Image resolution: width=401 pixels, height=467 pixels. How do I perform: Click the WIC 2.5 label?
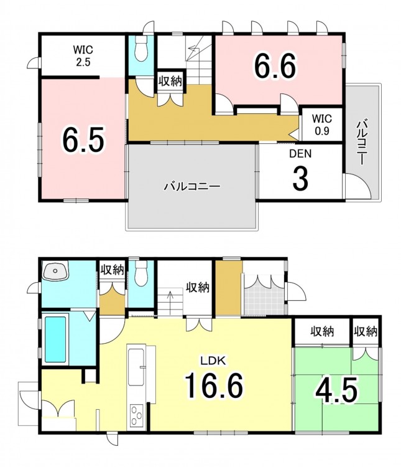pos(83,55)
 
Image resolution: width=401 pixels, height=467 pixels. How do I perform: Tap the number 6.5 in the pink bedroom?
pos(83,139)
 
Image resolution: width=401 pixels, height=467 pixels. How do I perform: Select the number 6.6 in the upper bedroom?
pos(275,66)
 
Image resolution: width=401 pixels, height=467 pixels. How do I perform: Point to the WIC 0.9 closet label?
pos(322,125)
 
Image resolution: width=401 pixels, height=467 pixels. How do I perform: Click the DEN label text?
pos(300,154)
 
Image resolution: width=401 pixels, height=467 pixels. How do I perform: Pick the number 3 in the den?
pos(300,178)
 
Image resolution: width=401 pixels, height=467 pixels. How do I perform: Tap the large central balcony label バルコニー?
pos(193,187)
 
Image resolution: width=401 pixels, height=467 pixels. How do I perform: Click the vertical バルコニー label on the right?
pos(362,143)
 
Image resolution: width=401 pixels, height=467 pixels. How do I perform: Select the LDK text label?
pos(213,361)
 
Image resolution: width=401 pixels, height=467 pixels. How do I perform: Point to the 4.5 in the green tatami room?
pos(336,389)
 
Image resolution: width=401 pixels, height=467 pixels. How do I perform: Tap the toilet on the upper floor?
pos(141,49)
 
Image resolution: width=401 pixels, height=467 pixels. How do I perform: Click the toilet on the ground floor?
pos(141,273)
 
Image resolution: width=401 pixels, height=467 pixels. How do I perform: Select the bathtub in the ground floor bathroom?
pos(55,339)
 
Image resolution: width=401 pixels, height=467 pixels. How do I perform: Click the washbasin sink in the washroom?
pos(55,271)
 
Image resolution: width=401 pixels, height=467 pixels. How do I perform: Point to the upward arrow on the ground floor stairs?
pos(170,303)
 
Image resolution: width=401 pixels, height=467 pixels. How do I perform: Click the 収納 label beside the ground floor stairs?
pos(198,288)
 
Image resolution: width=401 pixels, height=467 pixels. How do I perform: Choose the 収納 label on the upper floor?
pos(170,81)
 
